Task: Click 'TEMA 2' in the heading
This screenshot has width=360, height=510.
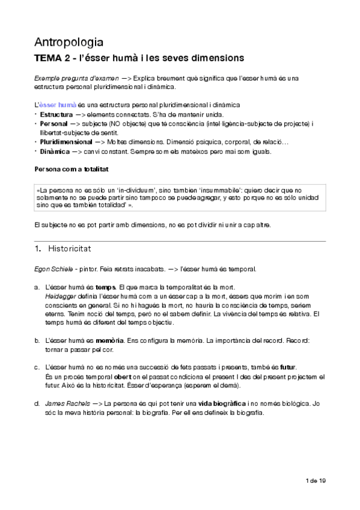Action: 52,59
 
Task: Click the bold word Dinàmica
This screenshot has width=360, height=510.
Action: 55,151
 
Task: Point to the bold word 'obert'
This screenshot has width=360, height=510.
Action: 123,376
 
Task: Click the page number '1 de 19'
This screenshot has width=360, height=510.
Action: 316,481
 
